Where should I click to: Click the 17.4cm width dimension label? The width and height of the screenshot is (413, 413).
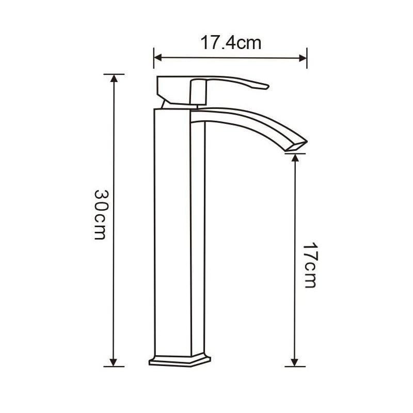231,43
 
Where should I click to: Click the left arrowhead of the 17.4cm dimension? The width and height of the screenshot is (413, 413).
158,58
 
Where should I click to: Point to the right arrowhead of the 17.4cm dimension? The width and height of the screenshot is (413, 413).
303,58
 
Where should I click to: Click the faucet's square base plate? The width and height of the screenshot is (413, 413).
181,360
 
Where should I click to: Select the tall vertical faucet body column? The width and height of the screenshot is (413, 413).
180,232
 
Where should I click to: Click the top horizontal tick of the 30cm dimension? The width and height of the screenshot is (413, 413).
114,74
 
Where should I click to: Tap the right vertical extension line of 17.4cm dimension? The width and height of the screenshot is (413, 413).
307,58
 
